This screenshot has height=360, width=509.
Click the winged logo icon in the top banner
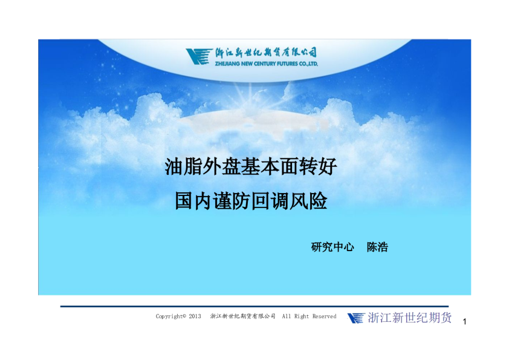pyautogui.click(x=199, y=56)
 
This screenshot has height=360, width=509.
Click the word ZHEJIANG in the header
pyautogui.click(x=227, y=64)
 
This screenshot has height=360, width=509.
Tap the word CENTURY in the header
pyautogui.click(x=265, y=64)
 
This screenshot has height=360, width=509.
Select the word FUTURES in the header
pyautogui.click(x=287, y=64)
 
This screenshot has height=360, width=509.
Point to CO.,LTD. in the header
pyautogui.click(x=308, y=64)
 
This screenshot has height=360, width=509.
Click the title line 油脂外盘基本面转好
pyautogui.click(x=251, y=166)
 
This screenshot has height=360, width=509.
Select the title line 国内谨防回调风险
pyautogui.click(x=251, y=201)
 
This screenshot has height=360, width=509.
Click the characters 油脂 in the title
pyautogui.click(x=183, y=166)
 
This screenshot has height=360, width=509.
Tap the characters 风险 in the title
pyautogui.click(x=308, y=201)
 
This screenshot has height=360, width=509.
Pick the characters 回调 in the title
pyautogui.click(x=270, y=201)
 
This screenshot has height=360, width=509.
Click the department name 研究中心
pyautogui.click(x=332, y=247)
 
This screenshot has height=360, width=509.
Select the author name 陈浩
pyautogui.click(x=378, y=247)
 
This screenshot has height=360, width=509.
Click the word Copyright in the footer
pyautogui.click(x=170, y=316)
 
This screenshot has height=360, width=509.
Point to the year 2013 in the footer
pyautogui.click(x=195, y=316)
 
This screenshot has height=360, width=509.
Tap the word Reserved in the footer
pyautogui.click(x=324, y=316)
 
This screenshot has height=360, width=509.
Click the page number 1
pyautogui.click(x=464, y=322)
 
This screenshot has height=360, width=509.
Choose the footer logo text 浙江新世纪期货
pyautogui.click(x=409, y=318)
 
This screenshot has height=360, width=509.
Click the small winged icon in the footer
pyautogui.click(x=356, y=318)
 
